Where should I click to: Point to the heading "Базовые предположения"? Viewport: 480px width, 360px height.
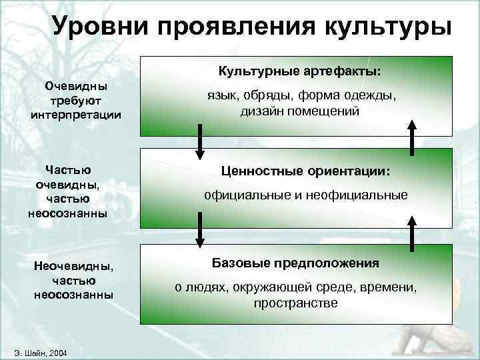tap(295, 263)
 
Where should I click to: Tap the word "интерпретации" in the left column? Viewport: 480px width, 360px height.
tap(76, 114)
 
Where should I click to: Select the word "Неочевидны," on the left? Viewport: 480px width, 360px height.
tap(74, 267)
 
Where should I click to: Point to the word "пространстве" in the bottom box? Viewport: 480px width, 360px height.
tap(295, 303)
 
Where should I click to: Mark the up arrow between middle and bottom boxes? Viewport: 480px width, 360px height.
tap(412, 230)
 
